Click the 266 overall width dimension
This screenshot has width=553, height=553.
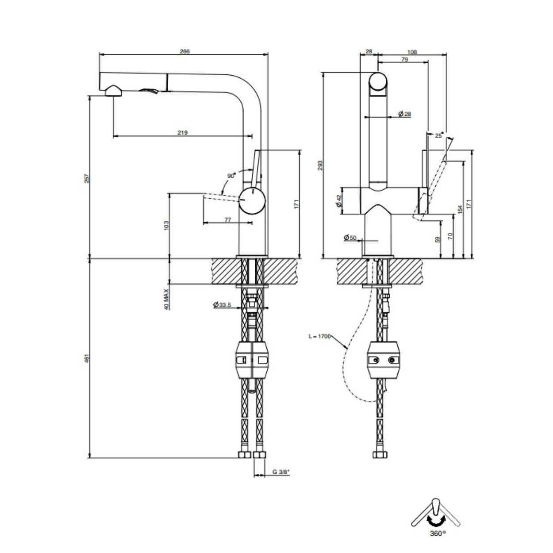click(184, 51)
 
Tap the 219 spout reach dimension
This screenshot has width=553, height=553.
click(183, 133)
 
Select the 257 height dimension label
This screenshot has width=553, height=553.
click(88, 178)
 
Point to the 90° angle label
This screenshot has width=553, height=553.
click(231, 176)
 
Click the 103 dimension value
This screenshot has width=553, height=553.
click(166, 225)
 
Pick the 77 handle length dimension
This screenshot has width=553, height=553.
click(227, 220)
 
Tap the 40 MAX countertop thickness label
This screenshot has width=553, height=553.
click(166, 299)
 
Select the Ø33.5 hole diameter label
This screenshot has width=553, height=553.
click(222, 305)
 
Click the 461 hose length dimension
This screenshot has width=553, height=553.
click(88, 358)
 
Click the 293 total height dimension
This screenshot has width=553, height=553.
click(320, 165)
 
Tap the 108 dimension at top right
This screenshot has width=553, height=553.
click(412, 52)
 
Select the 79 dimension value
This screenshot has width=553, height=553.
click(405, 59)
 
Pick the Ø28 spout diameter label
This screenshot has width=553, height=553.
click(405, 114)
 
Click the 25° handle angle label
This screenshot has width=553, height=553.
click(439, 135)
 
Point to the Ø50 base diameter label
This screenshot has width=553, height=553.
click(350, 237)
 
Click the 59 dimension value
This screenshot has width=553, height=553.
click(438, 239)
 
